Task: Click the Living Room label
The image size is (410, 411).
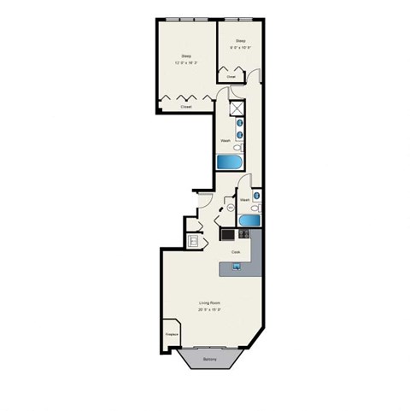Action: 210,303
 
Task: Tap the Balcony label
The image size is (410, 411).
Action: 210,360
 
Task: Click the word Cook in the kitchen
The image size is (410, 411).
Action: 236,252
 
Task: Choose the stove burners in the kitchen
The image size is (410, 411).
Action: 229,234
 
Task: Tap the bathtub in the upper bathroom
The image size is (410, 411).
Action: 228,162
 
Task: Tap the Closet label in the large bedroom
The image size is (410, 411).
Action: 185,107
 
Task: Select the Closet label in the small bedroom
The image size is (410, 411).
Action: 231,76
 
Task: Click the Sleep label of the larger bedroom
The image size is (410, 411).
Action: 185,56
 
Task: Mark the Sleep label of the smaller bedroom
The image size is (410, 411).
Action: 241,40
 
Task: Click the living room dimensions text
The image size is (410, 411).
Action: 210,310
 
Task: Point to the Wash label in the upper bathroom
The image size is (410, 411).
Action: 225,140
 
